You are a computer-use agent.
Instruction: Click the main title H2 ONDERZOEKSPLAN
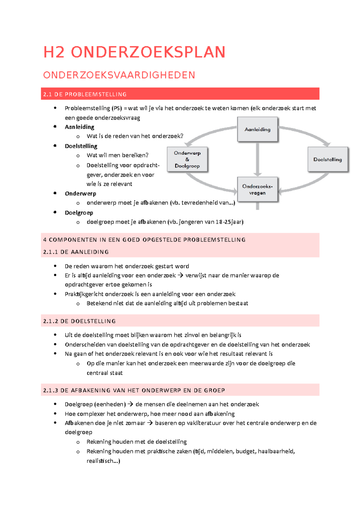pyautogui.click(x=134, y=52)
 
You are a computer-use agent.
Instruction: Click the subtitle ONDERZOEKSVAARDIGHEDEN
pyautogui.click(x=119, y=75)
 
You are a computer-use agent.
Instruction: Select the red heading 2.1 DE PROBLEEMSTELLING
pyautogui.click(x=85, y=94)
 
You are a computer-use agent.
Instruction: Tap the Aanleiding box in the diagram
pyautogui.click(x=257, y=129)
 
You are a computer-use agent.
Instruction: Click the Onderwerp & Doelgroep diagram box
pyautogui.click(x=187, y=159)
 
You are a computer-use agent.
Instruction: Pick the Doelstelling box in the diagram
pyautogui.click(x=328, y=159)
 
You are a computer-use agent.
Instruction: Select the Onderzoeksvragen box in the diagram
pyautogui.click(x=257, y=189)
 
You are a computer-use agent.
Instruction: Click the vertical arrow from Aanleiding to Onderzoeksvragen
pyautogui.click(x=257, y=159)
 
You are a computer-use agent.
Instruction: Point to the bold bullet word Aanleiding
pyautogui.click(x=79, y=127)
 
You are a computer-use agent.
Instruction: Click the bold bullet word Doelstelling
pyautogui.click(x=81, y=146)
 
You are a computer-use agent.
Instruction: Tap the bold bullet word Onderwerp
pyautogui.click(x=80, y=194)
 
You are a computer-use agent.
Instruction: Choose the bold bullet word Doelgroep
pyautogui.click(x=79, y=213)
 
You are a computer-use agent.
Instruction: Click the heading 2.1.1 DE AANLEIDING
pyautogui.click(x=76, y=252)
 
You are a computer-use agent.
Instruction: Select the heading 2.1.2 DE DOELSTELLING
pyautogui.click(x=79, y=321)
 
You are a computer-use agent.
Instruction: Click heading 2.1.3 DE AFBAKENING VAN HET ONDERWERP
pyautogui.click(x=134, y=391)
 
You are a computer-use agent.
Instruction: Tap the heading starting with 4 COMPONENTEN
pyautogui.click(x=144, y=240)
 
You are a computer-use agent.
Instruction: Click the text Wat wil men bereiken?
pyautogui.click(x=118, y=155)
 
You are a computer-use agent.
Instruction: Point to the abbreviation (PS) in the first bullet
pyautogui.click(x=117, y=108)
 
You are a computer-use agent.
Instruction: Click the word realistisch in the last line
pyautogui.click(x=100, y=461)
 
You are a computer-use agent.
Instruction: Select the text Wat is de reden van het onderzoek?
pyautogui.click(x=135, y=136)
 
